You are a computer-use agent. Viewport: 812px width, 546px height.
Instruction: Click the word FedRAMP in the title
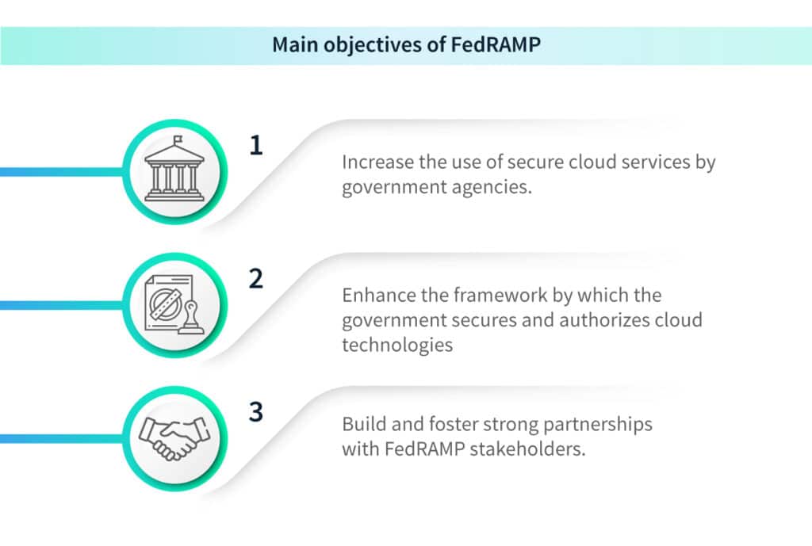point(496,44)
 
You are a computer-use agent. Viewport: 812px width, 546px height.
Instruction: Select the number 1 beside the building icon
point(256,146)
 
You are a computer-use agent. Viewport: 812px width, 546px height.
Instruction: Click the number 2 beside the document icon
point(256,279)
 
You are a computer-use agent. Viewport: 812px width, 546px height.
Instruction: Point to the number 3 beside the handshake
point(256,412)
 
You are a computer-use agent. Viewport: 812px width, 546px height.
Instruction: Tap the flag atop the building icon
point(178,139)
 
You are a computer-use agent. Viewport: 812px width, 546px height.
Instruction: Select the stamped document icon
point(174,304)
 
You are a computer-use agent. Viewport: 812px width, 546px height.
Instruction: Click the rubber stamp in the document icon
point(191,317)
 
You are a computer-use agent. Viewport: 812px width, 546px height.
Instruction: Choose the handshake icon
point(174,438)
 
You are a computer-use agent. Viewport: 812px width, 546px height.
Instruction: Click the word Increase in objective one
point(378,162)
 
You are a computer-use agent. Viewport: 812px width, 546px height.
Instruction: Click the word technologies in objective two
point(397,346)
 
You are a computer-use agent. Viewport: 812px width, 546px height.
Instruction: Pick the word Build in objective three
point(364,425)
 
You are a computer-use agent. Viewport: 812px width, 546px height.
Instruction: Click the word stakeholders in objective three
point(527,449)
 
